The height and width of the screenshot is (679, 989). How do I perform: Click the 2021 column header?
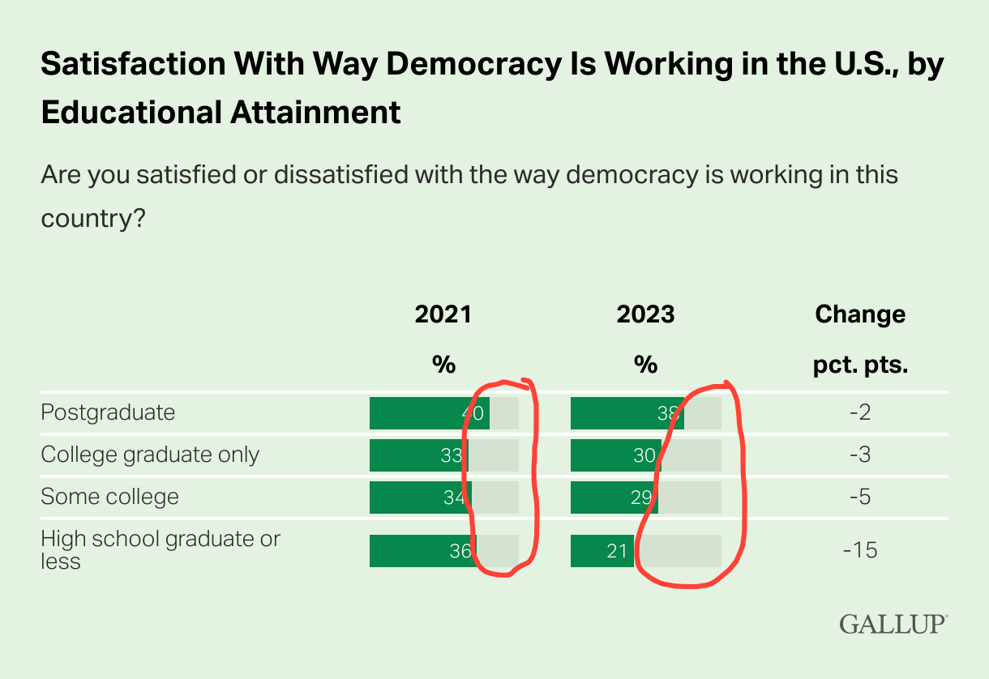coord(443,314)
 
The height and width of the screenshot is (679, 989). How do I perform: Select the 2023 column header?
coord(645,314)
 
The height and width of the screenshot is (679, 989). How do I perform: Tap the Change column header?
coord(860,314)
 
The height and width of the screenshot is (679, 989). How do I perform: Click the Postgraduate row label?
coord(108,412)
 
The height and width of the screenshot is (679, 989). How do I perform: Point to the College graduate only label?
coord(150,455)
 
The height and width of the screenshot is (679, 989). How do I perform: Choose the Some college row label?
coord(109,497)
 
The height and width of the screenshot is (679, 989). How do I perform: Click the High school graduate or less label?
coord(160,549)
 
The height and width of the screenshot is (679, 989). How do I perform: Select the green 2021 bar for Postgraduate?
coord(422,413)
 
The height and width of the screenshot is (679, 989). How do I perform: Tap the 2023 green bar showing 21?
coord(601,551)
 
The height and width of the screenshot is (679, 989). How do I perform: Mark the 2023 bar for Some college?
coord(612,498)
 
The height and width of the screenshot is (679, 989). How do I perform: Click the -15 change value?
coord(860,551)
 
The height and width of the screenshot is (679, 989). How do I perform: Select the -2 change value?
coord(860,413)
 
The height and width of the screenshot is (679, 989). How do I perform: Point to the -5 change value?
coord(860,497)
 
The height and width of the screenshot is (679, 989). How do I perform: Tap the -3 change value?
coord(860,455)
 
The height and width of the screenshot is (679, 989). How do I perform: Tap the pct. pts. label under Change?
coord(860,365)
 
